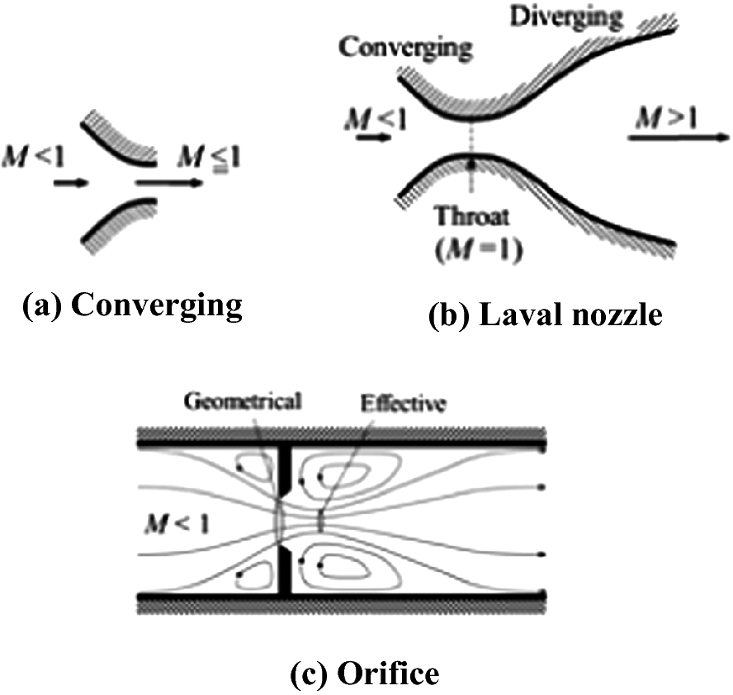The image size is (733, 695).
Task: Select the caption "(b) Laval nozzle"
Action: click(545, 314)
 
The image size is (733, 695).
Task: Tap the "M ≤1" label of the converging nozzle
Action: click(199, 157)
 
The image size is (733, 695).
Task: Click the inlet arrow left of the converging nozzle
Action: click(69, 182)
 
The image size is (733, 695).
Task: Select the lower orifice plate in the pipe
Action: click(285, 570)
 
